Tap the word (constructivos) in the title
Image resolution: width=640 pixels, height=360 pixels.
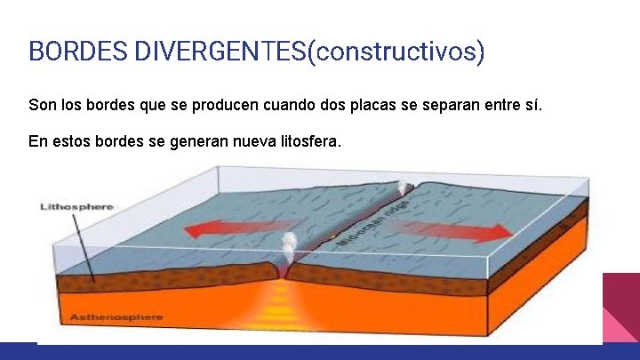pos(396,51)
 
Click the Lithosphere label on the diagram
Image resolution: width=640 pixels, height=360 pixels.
pos(77,206)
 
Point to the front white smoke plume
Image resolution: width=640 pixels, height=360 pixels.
pos(288,244)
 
